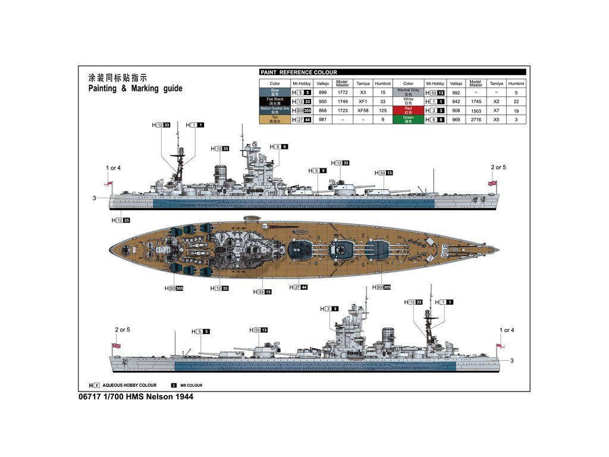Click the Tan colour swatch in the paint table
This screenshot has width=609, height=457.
[x=275, y=120]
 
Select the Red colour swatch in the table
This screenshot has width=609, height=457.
[x=408, y=110]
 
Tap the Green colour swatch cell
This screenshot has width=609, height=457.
[x=408, y=120]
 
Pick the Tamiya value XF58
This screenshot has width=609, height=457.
[x=363, y=111]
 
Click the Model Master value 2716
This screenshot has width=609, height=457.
[x=476, y=120]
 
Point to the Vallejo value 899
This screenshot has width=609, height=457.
[x=323, y=93]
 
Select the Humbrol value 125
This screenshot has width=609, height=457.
[x=383, y=111]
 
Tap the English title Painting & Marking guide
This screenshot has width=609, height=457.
[x=136, y=89]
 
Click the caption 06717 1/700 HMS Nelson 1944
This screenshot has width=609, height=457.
[x=136, y=396]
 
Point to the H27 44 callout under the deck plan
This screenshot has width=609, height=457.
[x=299, y=287]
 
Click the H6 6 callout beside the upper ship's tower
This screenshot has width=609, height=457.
[x=279, y=146]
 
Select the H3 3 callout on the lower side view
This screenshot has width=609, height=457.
[x=329, y=309]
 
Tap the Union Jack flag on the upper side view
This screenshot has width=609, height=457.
[x=492, y=183]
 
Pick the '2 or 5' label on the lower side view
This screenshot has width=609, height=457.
[x=123, y=330]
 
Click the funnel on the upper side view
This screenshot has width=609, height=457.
[x=221, y=174]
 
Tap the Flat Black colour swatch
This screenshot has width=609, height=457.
[x=275, y=101]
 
